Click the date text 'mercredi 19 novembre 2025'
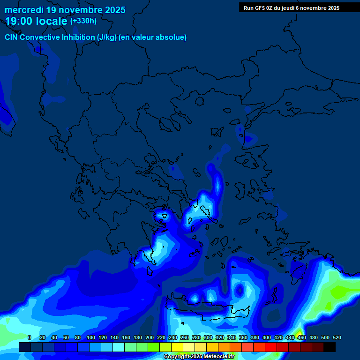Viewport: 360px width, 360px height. (65, 10)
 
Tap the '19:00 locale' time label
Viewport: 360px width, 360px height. (37, 21)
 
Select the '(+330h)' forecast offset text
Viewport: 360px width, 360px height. (83, 21)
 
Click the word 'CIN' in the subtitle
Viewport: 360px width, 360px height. (12, 37)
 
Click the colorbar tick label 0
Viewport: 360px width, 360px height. (30, 337)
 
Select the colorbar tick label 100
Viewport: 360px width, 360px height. (91, 337)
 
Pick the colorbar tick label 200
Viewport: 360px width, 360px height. (150, 337)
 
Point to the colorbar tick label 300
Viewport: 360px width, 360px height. (208, 337)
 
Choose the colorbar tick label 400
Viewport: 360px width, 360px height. (267, 337)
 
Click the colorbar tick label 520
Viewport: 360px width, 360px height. (337, 337)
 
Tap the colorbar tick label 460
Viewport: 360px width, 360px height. (302, 337)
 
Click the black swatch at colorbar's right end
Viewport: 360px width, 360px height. (330, 347)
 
